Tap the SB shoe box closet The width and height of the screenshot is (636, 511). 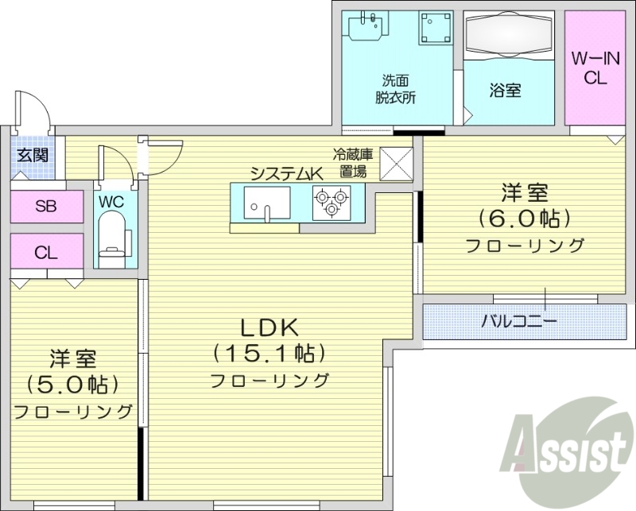point(46,207)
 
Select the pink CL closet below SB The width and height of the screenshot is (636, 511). point(46,254)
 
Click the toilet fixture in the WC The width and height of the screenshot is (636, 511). point(112,242)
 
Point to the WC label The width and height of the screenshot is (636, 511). point(111,202)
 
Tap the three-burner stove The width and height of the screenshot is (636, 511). point(331,202)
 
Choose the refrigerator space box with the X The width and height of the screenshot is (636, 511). point(395,164)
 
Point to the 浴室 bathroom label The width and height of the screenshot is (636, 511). point(505,90)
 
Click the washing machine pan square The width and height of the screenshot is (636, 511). point(434,29)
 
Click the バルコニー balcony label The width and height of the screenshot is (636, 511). point(519,321)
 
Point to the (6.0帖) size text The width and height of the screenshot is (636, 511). point(524,218)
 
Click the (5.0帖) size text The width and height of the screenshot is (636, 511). point(72,385)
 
